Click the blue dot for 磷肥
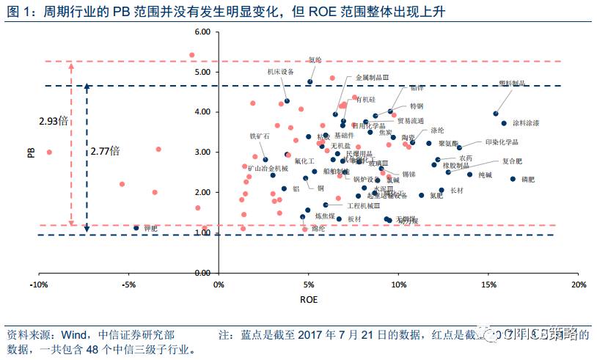coord(513,178)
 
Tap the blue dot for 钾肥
coord(136,228)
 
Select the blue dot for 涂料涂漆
coord(504,123)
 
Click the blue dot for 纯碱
coord(469,175)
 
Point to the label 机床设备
coord(280,72)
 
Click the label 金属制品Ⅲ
coord(372,77)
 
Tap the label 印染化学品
coord(502,142)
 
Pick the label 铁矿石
coord(260,136)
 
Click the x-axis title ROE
coord(309,300)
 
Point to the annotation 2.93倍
coord(53,120)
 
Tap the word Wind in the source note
coord(77,334)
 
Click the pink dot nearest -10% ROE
coord(49,153)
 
